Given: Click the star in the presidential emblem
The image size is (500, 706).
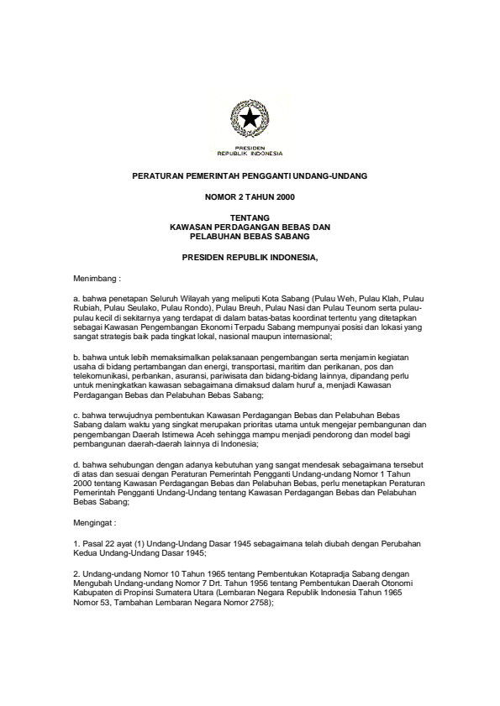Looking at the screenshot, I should coord(250,122).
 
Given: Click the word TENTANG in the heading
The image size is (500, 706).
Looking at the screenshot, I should coord(250,219).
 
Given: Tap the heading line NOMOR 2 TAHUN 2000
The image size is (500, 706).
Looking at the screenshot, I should coord(250,197).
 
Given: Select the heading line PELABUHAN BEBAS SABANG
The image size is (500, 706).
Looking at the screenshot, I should coord(250,236).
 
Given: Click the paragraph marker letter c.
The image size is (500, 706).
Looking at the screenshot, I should coord(76,415).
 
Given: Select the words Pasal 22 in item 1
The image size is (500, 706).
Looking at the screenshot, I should coord(97,543).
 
